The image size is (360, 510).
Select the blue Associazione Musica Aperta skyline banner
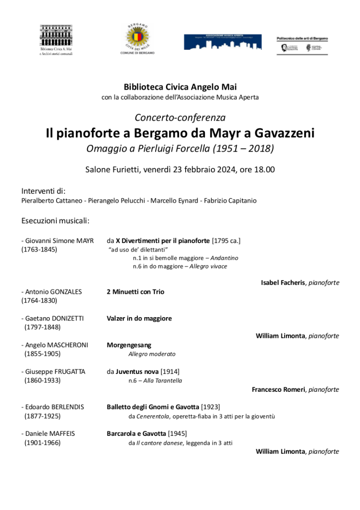(x=223, y=42)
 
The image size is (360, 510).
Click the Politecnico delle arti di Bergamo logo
(x=302, y=45)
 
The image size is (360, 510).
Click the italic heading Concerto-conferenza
(x=180, y=118)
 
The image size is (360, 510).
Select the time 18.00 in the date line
(x=264, y=169)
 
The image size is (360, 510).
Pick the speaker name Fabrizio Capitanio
(x=230, y=201)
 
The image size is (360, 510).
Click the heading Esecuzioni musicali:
(x=55, y=221)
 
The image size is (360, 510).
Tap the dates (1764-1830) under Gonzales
(x=39, y=300)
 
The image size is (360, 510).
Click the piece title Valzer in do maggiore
(x=139, y=319)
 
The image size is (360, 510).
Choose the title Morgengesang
(x=129, y=345)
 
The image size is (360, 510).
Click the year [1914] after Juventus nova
(x=170, y=372)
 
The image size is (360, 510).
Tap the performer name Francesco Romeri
(x=278, y=390)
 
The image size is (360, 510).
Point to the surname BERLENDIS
(x=68, y=407)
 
